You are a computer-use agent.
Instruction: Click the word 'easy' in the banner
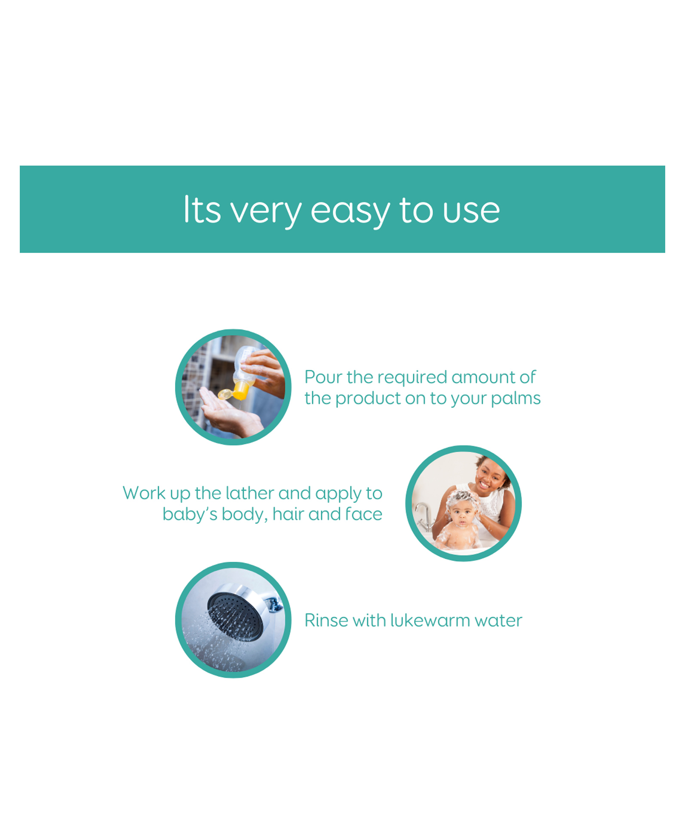click(x=350, y=212)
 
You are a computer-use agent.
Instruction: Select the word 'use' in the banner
click(x=471, y=212)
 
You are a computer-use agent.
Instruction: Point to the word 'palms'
click(x=516, y=399)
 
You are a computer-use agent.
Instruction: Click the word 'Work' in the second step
click(x=144, y=493)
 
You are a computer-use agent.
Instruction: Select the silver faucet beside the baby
click(x=424, y=517)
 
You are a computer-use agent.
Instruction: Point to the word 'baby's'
click(x=190, y=514)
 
